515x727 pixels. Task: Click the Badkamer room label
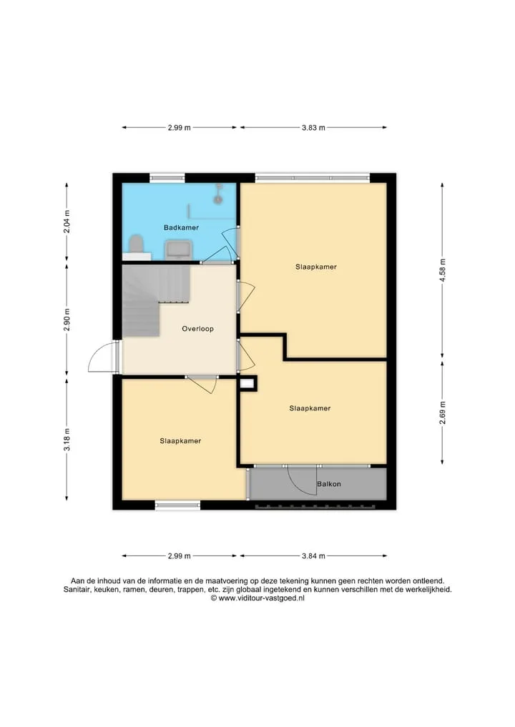181,227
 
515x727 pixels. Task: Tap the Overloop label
197,329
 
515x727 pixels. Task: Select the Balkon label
329,483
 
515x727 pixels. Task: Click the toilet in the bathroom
136,244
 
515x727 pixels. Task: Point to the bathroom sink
178,249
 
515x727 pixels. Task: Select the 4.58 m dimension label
442,270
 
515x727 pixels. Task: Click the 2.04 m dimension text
67,222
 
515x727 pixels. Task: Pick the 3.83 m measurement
313,127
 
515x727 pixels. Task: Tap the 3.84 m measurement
313,556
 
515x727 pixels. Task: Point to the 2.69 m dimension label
442,412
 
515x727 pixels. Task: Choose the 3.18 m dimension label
67,440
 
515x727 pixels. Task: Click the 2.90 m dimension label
67,320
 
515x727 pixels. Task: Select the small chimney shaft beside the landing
247,383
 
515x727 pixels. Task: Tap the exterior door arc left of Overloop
94,352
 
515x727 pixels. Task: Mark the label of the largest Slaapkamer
316,267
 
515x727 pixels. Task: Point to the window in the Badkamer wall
167,177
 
